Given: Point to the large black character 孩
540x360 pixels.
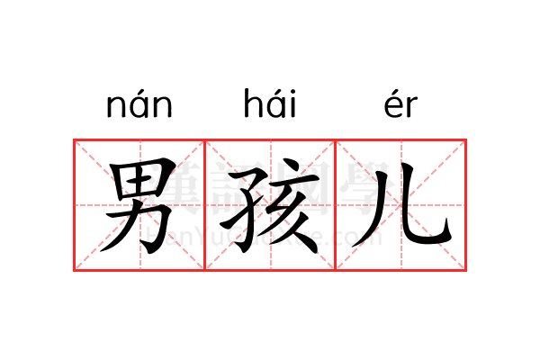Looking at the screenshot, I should click(x=270, y=205).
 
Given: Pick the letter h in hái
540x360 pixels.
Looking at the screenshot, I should click(x=251, y=105).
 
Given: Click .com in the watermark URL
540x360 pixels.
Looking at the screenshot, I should click(x=355, y=238).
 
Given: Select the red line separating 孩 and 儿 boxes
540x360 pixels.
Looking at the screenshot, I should click(x=335, y=205).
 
